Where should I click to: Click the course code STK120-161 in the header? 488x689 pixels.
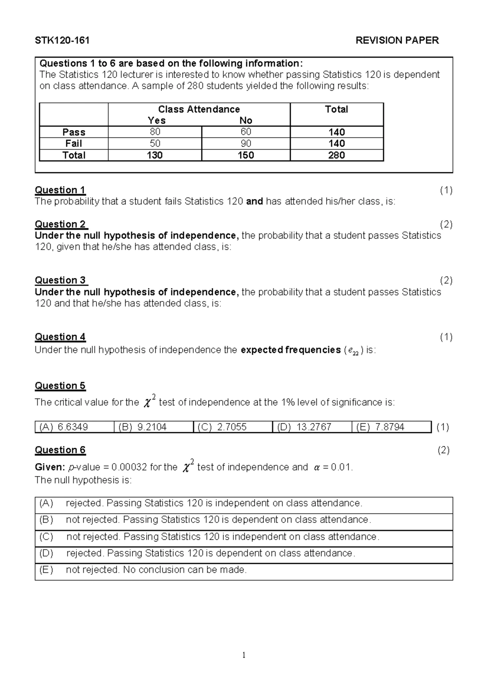[62, 40]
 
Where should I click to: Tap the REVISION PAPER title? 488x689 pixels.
[397, 40]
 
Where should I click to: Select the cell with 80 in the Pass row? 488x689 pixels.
[155, 132]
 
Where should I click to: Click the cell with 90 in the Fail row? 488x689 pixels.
[246, 143]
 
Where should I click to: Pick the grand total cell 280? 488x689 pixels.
[336, 155]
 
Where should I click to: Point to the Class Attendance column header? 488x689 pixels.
[199, 109]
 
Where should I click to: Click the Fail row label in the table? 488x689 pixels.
[74, 143]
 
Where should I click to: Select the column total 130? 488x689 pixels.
[155, 155]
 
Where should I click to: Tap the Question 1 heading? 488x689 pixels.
[60, 190]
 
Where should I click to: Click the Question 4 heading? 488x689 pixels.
[60, 337]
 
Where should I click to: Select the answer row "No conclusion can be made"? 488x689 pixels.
[156, 570]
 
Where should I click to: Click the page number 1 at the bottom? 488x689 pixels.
[244, 655]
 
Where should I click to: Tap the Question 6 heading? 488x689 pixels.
[60, 450]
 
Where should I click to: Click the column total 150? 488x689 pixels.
[246, 155]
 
